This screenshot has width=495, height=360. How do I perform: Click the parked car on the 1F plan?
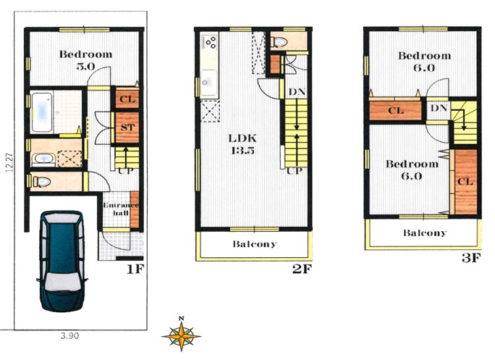pos(62,261)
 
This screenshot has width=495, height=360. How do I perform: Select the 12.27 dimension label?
pos(9,162)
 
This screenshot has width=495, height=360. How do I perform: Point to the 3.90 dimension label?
pos(69,335)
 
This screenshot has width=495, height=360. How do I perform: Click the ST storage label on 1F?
pos(127,127)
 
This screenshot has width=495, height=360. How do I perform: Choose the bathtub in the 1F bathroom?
pos(42,112)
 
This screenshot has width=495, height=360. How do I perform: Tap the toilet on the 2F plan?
pos(279,42)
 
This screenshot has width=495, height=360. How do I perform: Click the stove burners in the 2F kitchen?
pos(211,42)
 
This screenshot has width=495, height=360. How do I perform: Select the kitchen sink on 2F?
pos(208,83)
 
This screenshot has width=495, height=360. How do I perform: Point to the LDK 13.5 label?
pos(242,144)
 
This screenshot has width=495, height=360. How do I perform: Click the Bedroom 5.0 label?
pos(85,60)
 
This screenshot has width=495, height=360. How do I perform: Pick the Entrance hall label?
pos(121,209)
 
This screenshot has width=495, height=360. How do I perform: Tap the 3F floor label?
pos(471,258)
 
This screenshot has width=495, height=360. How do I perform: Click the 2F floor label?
pos(302,269)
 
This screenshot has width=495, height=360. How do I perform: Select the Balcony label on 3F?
pos(425,233)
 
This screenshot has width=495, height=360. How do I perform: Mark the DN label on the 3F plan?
pos(439,108)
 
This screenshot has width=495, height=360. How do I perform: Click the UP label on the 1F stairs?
pos(126,172)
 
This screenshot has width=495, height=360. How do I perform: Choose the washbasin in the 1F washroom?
pos(44,159)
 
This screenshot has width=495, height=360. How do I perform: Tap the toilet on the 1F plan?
pos(42,182)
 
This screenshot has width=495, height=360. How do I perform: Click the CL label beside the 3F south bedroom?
pos(465,181)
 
